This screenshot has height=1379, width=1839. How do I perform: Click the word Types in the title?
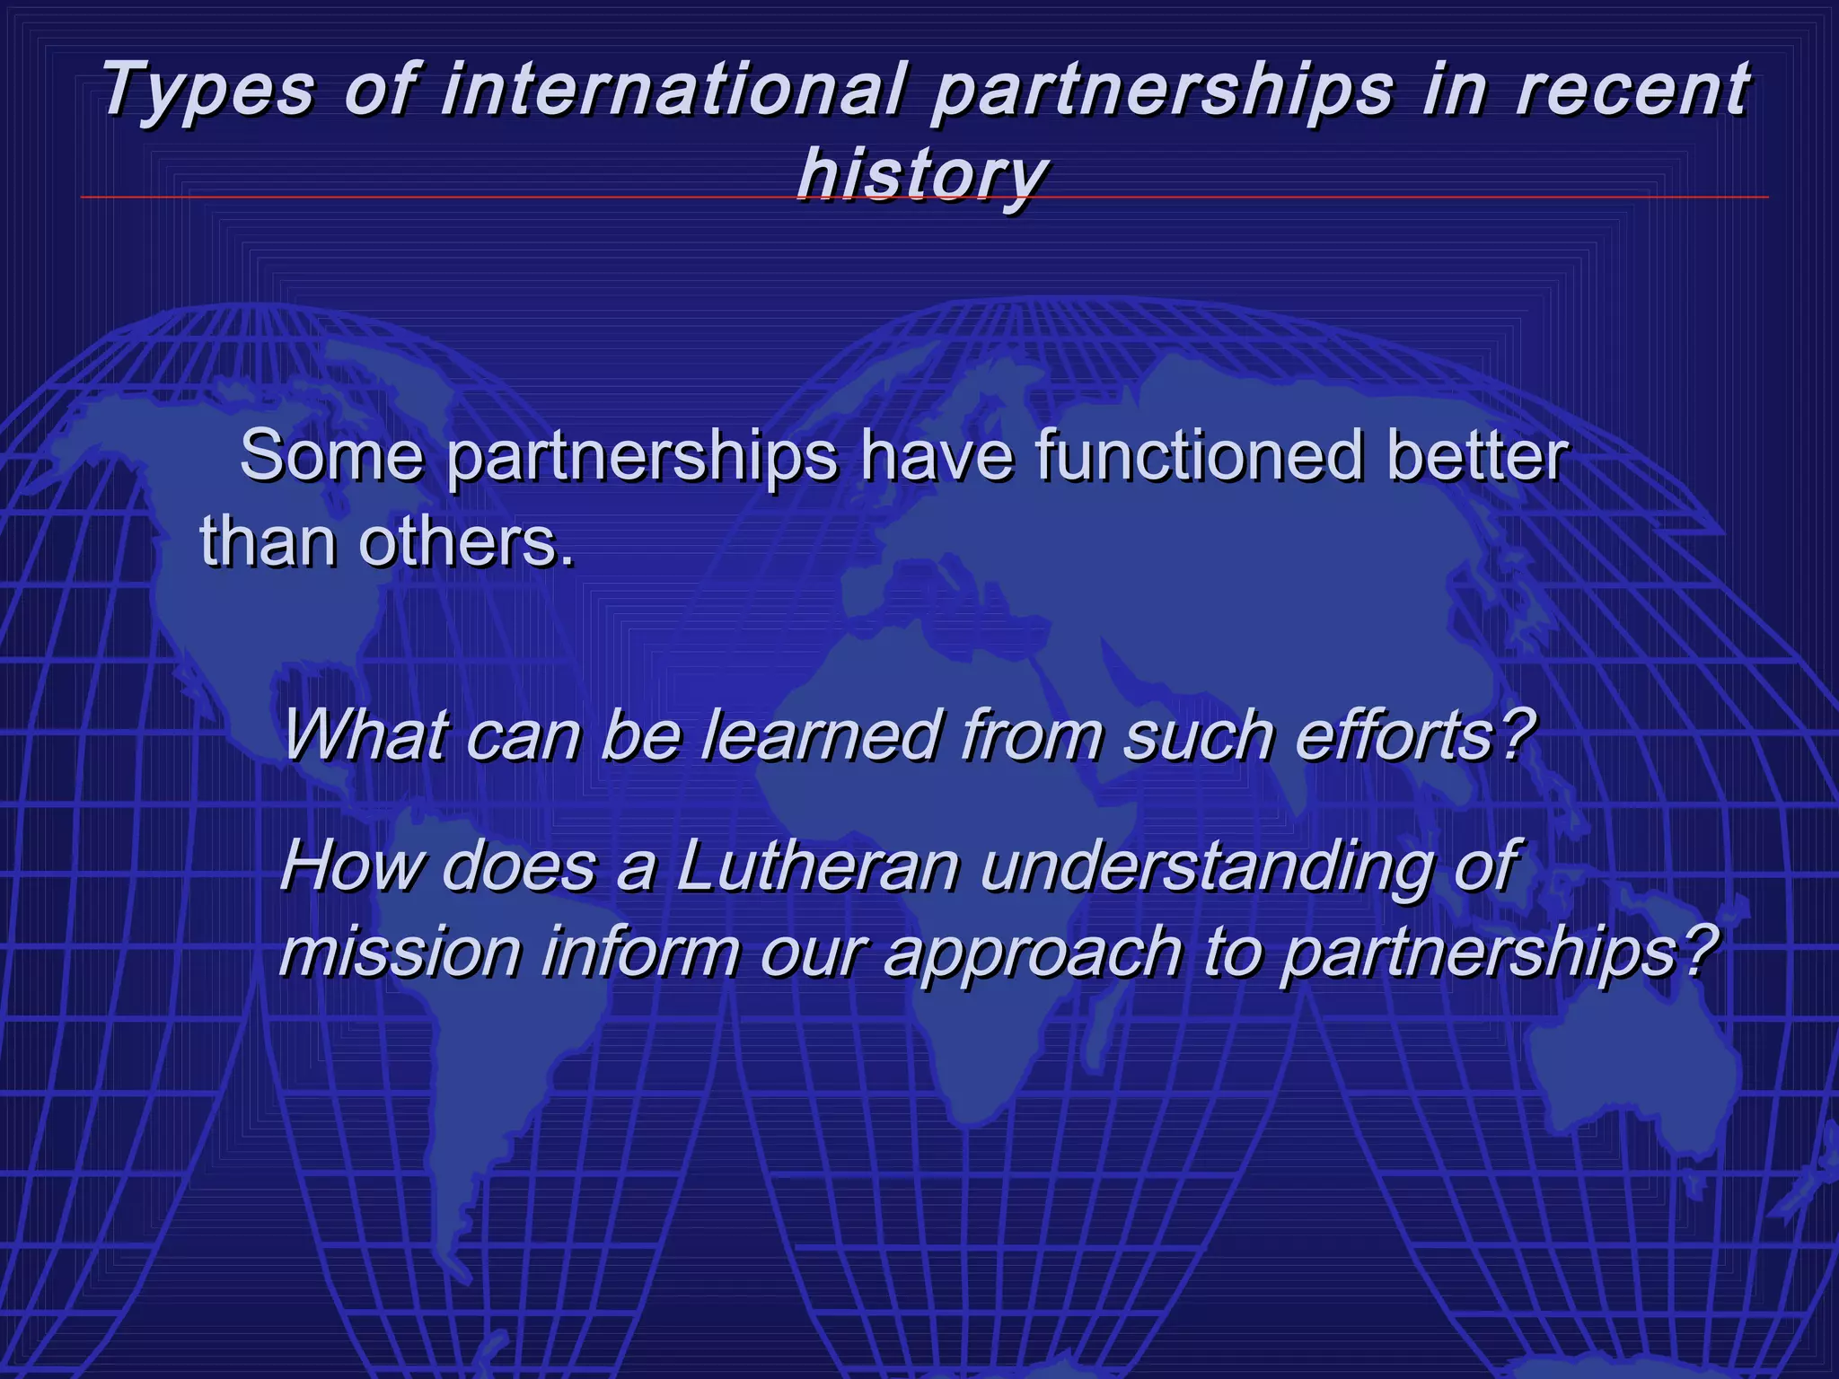coord(208,90)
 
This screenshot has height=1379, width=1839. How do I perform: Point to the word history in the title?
coord(922,172)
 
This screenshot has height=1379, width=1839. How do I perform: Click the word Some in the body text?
coord(331,455)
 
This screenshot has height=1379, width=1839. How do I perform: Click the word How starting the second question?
coord(350,865)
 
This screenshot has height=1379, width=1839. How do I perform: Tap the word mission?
coord(400,951)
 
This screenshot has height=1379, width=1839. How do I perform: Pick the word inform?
coord(641,951)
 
